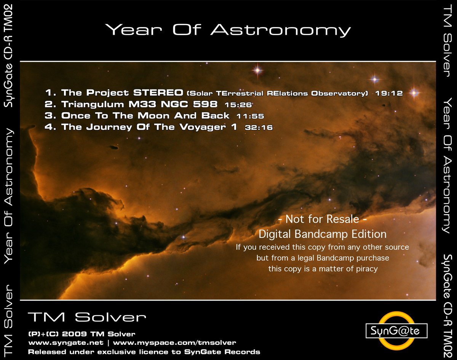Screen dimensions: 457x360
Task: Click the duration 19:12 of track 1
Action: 389,93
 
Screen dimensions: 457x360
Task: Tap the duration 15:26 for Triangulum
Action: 238,105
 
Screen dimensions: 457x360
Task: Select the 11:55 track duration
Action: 250,116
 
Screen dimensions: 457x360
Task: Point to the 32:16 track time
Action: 259,127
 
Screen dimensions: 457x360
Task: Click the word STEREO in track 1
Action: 158,92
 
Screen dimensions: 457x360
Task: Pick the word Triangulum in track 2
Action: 93,104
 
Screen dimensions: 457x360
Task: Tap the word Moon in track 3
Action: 153,116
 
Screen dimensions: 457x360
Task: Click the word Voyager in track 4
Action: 203,127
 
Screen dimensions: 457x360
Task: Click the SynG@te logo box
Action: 396,331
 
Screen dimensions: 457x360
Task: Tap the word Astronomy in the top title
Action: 280,30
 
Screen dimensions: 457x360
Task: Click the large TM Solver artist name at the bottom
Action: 87,317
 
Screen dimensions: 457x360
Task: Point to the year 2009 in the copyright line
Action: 74,334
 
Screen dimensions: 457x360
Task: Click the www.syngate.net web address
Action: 66,343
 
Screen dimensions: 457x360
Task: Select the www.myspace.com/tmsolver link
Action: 174,343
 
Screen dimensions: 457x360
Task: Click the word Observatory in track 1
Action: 340,93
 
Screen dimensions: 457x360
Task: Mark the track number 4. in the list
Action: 50,127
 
